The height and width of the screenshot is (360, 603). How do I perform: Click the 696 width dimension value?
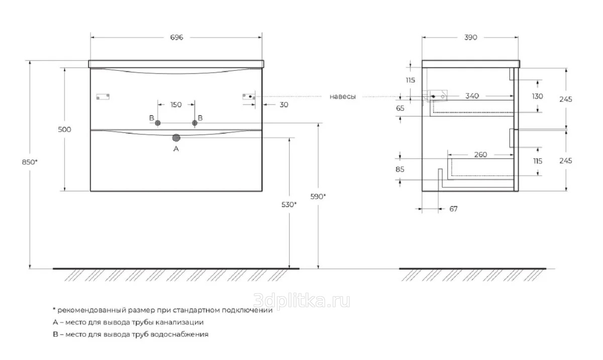[x=176, y=37]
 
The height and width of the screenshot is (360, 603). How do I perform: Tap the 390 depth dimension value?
[x=470, y=37]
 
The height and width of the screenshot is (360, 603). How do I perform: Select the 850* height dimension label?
[x=30, y=162]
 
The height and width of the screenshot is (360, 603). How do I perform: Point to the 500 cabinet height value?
[x=65, y=130]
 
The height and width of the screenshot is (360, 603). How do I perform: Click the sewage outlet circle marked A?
[x=176, y=138]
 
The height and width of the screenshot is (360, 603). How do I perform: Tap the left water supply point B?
[x=158, y=123]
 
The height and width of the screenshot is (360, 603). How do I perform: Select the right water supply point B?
[x=194, y=123]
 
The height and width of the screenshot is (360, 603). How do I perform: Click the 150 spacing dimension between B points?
[x=176, y=105]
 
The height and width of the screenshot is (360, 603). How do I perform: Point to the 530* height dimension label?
[x=289, y=205]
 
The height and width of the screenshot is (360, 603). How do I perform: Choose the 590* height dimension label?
[x=318, y=197]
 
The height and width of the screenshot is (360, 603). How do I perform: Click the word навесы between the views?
[x=343, y=97]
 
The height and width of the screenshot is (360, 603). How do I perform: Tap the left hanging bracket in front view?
[x=103, y=97]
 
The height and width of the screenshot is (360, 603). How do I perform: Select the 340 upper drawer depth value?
[x=472, y=96]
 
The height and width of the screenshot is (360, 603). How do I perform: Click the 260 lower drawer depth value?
[x=480, y=154]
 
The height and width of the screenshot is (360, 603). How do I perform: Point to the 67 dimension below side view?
[x=453, y=209]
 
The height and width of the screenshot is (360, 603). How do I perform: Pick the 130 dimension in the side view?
[x=537, y=96]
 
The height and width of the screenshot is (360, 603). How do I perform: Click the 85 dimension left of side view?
[x=400, y=169]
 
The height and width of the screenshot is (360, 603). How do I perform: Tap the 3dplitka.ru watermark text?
[x=302, y=301]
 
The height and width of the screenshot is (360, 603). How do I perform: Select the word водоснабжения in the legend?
[x=179, y=334]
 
